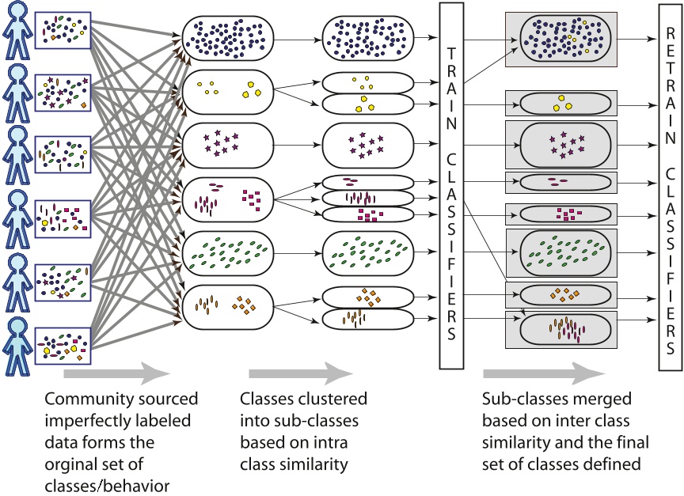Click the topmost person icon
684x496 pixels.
(16, 30)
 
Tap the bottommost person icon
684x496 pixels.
(16, 343)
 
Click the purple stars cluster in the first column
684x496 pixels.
(228, 145)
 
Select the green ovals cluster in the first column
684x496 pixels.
(228, 252)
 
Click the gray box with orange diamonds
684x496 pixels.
(561, 295)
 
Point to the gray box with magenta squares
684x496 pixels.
(561, 214)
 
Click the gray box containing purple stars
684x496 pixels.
(561, 145)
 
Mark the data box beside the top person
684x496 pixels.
(63, 29)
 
